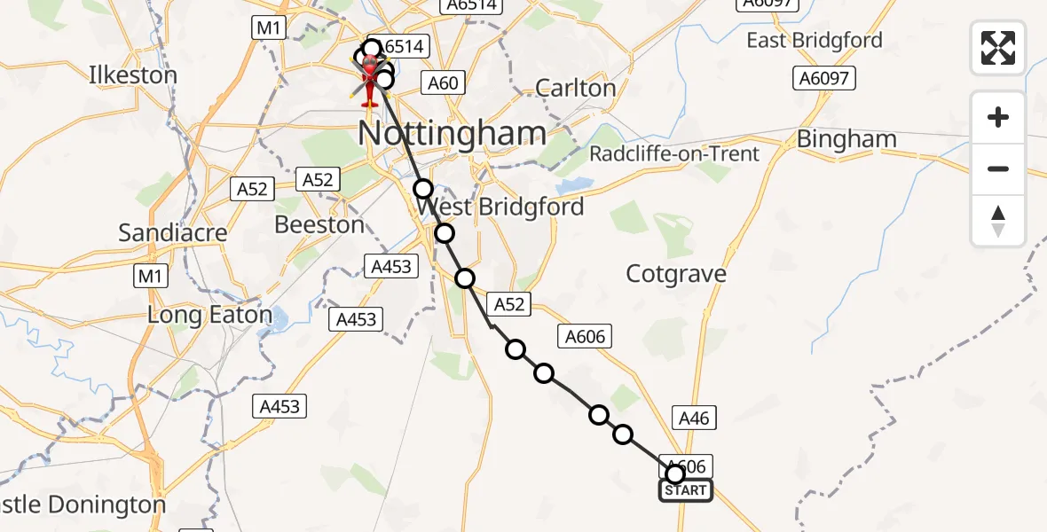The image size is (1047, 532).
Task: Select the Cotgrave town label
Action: [x=676, y=274]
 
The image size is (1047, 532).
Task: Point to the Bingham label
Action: [x=846, y=139]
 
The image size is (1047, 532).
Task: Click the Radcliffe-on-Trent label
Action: [x=675, y=154]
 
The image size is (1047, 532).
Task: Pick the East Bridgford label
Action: [x=815, y=41]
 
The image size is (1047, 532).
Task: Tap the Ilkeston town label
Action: [x=133, y=74]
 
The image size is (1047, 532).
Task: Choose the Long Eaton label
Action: [x=209, y=315]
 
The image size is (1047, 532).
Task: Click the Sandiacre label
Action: [x=173, y=233]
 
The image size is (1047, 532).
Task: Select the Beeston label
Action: [x=319, y=225]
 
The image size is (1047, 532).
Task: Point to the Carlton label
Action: [x=576, y=89]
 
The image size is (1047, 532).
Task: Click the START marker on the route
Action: [x=685, y=490]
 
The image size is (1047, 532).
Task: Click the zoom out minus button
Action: [x=998, y=168]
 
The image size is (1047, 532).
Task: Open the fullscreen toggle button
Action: [x=998, y=48]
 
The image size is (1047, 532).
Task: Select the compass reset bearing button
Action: [x=998, y=221]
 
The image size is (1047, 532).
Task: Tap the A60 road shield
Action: [x=443, y=83]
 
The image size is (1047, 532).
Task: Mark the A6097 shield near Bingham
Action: [x=823, y=79]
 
